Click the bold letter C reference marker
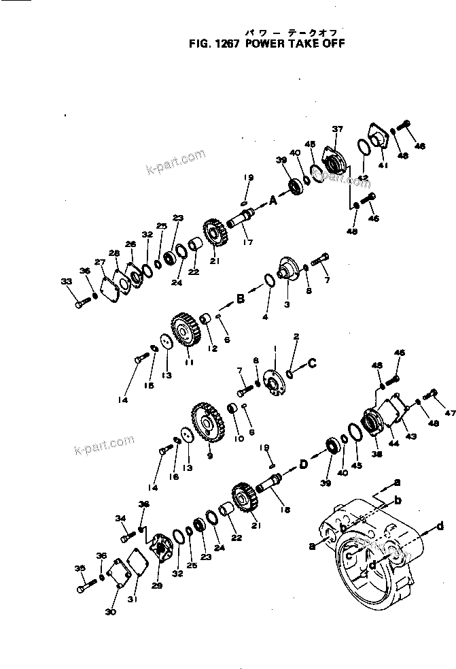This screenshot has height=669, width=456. coord(312,363)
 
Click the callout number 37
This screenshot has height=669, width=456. coord(337,129)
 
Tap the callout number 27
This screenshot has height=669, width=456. coord(100,262)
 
